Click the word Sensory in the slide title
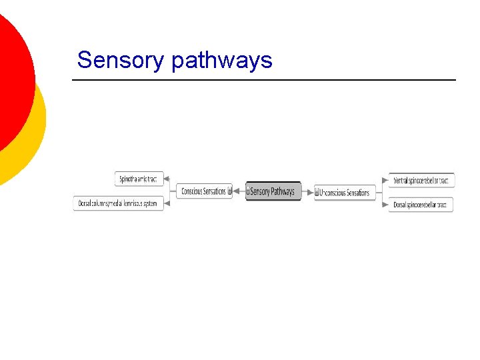coord(121,61)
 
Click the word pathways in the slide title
coord(221,61)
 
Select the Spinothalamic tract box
coord(138,179)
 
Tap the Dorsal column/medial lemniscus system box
coord(117,203)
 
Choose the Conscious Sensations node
coord(203,191)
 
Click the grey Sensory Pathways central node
coord(273,191)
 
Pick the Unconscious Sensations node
coord(345,193)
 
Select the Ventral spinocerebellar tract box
coord(423,180)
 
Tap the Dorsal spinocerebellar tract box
coord(423,205)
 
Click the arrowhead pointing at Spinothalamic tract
coord(167,179)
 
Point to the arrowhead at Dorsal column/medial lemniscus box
coord(167,203)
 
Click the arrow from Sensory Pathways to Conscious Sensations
coord(239,191)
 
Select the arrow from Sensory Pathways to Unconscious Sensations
coord(307,192)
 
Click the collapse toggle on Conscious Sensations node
coord(229,191)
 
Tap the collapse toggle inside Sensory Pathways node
coord(249,191)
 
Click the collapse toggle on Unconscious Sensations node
coord(318,193)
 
